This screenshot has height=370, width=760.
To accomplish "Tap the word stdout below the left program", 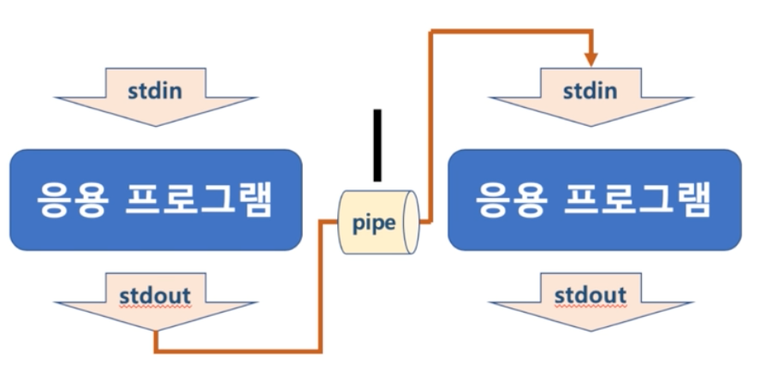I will pos(156,294).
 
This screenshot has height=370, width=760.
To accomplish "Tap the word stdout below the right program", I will pos(591,294).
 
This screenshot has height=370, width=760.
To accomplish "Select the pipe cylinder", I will pos(377,222).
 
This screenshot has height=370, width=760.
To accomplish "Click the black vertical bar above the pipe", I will pos(377,145).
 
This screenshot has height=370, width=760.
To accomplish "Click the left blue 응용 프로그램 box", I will pos(156,200).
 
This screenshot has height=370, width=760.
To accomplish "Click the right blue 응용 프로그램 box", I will pos(593,200).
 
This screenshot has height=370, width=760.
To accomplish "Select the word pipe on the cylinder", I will pos(375,223).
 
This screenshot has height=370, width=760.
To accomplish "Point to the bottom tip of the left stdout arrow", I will pos(156,332).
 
